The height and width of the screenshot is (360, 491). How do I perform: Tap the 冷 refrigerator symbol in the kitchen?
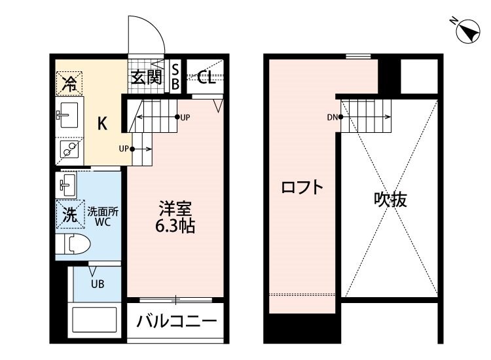click(68, 83)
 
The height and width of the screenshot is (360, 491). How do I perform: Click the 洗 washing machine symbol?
click(68, 213)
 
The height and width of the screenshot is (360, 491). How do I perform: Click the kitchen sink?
click(67, 116)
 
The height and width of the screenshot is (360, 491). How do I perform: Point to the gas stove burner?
click(67, 150)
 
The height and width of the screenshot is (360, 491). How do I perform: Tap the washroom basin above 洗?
click(67, 184)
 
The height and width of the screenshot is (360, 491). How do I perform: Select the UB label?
click(98, 283)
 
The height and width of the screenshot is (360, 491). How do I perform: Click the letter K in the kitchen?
click(103, 122)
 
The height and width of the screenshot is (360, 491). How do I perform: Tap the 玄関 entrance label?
click(145, 78)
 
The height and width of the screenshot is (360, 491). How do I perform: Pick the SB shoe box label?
click(175, 77)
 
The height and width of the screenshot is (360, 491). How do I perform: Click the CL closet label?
click(207, 78)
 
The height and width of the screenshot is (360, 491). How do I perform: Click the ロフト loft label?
click(302, 189)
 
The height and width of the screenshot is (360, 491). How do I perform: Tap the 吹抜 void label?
click(390, 200)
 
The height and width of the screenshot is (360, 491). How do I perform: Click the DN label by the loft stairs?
click(331, 118)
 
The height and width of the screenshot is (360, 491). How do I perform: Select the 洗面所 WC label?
click(102, 217)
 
